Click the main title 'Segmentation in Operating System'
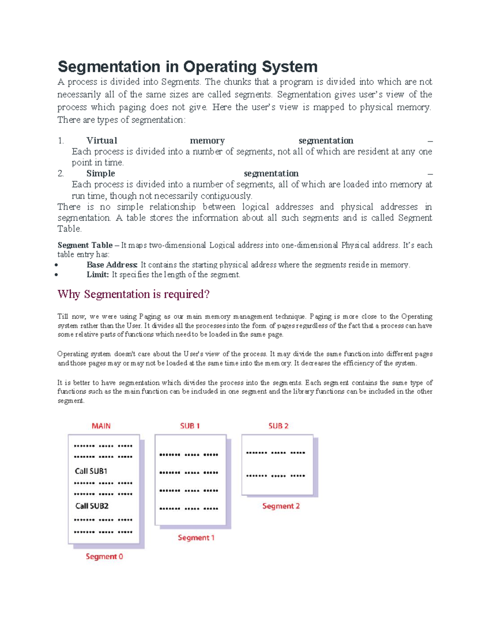pyautogui.click(x=187, y=67)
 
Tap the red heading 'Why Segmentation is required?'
pyautogui.click(x=134, y=294)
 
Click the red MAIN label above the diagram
pyautogui.click(x=101, y=426)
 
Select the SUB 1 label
pyautogui.click(x=190, y=426)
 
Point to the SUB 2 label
pyautogui.click(x=278, y=426)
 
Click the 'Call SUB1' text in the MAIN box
pyautogui.click(x=91, y=471)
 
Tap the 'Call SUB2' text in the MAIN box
pyautogui.click(x=92, y=506)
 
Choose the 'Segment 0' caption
pyautogui.click(x=104, y=556)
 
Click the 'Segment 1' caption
pyautogui.click(x=196, y=538)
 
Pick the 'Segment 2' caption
pyautogui.click(x=281, y=506)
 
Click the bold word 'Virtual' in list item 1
pyautogui.click(x=102, y=141)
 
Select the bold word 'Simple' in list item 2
pyautogui.click(x=100, y=174)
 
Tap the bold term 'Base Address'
pyautogui.click(x=112, y=265)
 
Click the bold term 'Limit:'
pyautogui.click(x=98, y=275)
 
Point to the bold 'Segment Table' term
pyautogui.click(x=85, y=245)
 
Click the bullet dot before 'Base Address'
pyautogui.click(x=57, y=265)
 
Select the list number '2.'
pyautogui.click(x=61, y=174)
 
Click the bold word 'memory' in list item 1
pyautogui.click(x=207, y=141)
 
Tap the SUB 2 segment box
pyautogui.click(x=277, y=465)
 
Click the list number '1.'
pyautogui.click(x=61, y=141)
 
